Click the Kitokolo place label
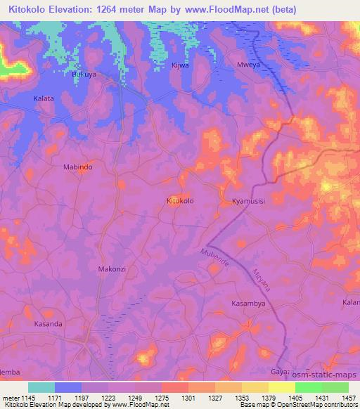tap(181, 201)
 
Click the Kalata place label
tap(44, 99)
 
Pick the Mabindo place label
tap(77, 168)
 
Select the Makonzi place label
tap(111, 269)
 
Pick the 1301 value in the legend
tap(188, 397)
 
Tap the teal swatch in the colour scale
tap(41, 387)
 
